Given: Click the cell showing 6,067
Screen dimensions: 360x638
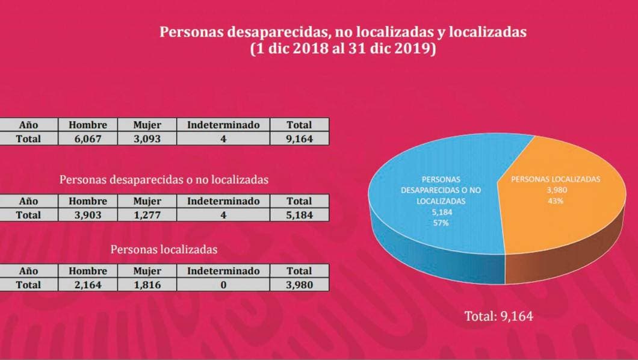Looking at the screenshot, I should (x=88, y=138).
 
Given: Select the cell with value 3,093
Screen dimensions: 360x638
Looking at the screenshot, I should (x=147, y=138).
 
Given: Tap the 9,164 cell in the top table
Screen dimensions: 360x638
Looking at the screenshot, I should (x=300, y=138).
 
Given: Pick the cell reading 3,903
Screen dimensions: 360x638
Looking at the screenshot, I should (x=88, y=214).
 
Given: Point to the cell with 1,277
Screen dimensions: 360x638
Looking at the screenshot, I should (x=147, y=214).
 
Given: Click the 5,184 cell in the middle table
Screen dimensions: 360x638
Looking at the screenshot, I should (x=300, y=214).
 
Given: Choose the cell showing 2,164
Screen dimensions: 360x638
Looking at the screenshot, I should (x=88, y=285).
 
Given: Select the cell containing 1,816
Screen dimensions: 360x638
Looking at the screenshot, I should (x=147, y=285).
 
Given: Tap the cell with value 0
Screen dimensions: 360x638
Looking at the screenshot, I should (x=223, y=285).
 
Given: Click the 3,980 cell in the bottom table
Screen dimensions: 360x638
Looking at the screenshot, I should (x=300, y=285).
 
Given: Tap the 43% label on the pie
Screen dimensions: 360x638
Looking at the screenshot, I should (x=555, y=201).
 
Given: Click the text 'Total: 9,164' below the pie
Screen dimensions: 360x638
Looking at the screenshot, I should (x=499, y=316).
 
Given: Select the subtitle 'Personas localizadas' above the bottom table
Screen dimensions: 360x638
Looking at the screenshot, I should (x=164, y=249).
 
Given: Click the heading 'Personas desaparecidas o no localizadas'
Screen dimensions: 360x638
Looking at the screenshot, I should (x=164, y=179).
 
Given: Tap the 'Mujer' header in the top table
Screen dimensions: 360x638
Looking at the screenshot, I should (x=147, y=125).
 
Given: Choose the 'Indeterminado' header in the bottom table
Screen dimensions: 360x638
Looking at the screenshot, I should (x=223, y=271).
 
